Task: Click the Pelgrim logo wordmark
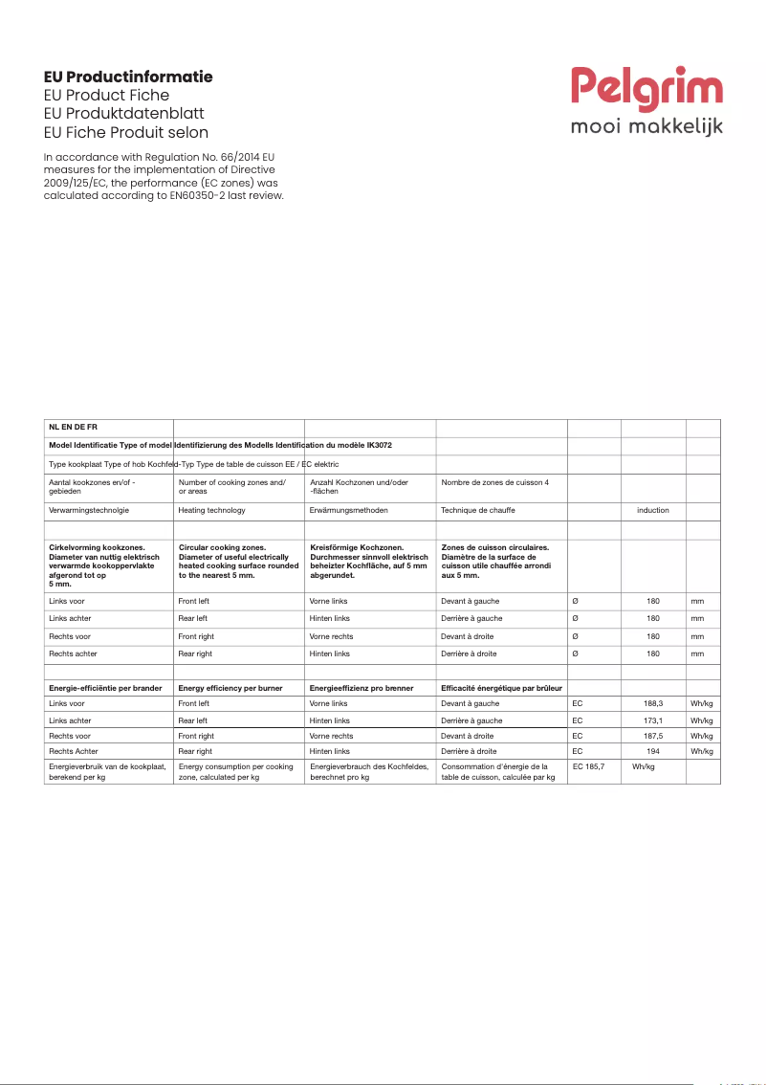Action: point(647,88)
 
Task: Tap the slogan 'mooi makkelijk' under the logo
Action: point(646,126)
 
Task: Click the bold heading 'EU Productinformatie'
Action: point(128,77)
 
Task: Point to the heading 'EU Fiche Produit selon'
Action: point(126,132)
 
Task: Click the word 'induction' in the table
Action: point(653,510)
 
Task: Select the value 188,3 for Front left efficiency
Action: point(653,703)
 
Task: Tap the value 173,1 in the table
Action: point(653,720)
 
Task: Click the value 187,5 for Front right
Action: point(653,736)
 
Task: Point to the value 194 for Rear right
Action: point(653,752)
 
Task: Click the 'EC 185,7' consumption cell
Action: point(589,767)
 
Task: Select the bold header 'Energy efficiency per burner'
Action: point(230,688)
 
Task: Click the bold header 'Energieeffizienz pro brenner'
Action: point(362,688)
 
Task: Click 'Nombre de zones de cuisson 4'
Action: point(494,482)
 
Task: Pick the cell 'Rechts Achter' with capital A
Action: point(74,752)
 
